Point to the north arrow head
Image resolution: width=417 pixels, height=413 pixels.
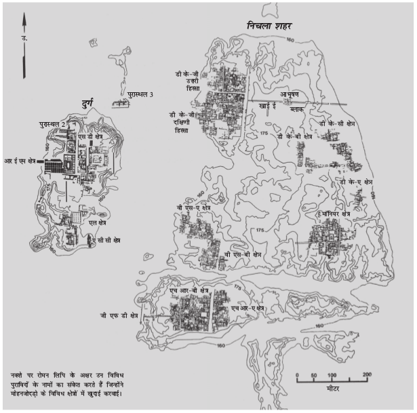[x=24, y=22]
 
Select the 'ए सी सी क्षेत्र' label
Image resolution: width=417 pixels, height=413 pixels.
[x=108, y=240]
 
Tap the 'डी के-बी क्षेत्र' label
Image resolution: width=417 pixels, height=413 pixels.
[x=295, y=136]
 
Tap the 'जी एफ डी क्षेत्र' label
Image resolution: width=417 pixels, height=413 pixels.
[x=119, y=315]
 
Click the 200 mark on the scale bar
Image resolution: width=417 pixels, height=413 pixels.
[x=367, y=375]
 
